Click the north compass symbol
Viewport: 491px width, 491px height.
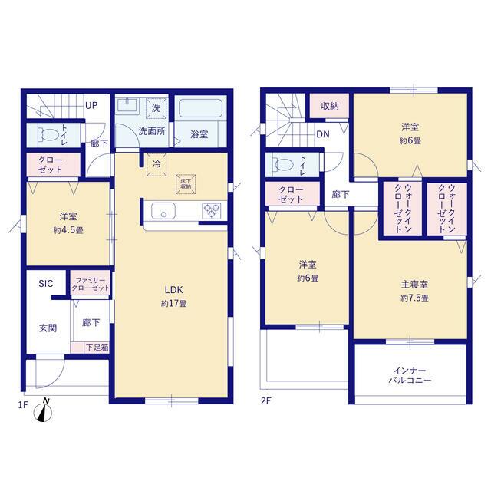(43, 410)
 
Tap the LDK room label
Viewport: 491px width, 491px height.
(174, 290)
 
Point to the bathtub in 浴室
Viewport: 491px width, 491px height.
(200, 108)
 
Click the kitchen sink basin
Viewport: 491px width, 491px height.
(163, 210)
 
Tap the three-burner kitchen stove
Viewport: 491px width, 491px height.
(212, 210)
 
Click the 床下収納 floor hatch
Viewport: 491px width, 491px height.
(186, 184)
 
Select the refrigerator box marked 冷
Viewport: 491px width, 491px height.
(157, 164)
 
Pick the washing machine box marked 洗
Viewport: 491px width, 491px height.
(156, 108)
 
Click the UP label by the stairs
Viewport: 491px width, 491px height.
(91, 106)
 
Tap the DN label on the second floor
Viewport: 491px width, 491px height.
(323, 134)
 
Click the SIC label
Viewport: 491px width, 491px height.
(46, 284)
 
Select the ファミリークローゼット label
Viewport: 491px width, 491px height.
(91, 284)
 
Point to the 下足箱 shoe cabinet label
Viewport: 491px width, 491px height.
(97, 348)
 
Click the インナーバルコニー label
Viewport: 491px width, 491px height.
(410, 375)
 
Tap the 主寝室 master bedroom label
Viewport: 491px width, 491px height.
(414, 285)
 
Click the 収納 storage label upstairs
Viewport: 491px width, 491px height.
(330, 107)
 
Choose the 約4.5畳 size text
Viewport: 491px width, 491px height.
(68, 230)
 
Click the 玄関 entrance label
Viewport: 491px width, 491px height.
(48, 328)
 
